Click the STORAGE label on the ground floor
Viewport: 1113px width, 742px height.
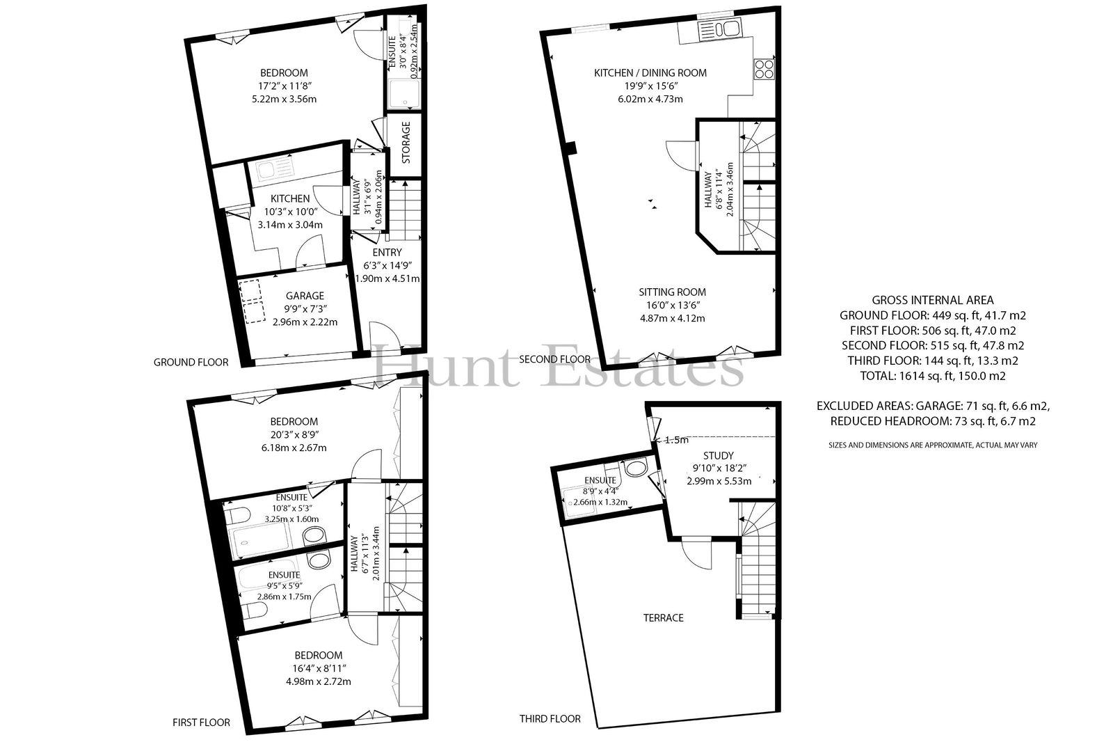coord(406,143)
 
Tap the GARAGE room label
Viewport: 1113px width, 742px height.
coord(305,296)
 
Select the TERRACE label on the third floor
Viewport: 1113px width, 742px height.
coord(664,617)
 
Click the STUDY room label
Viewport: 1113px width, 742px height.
coord(718,455)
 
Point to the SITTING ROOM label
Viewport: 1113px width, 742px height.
coord(672,292)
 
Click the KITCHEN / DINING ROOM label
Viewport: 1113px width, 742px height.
coord(650,72)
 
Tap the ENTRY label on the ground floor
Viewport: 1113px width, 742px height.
coord(387,253)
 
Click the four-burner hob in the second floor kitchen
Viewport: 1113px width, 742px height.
coord(764,69)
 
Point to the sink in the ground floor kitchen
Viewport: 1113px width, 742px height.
coord(275,170)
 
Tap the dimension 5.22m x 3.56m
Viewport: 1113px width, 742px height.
coord(285,99)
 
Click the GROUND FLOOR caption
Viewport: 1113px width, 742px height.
coord(191,363)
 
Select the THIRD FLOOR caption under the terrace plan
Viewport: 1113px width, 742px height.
coord(550,718)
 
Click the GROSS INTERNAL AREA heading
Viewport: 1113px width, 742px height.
coord(933,301)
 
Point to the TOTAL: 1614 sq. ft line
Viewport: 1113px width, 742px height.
coord(933,376)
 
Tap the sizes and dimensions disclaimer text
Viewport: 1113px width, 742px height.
coord(933,445)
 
